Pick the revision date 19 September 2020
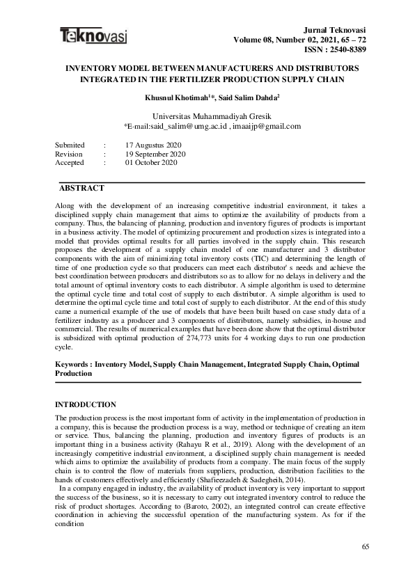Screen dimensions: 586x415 click(x=155, y=153)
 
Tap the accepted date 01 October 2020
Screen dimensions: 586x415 click(x=151, y=162)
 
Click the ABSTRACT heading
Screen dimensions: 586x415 click(x=81, y=189)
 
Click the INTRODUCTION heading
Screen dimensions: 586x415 click(x=85, y=404)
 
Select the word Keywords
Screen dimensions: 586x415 click(x=72, y=364)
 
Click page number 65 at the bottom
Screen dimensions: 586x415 click(x=366, y=548)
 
